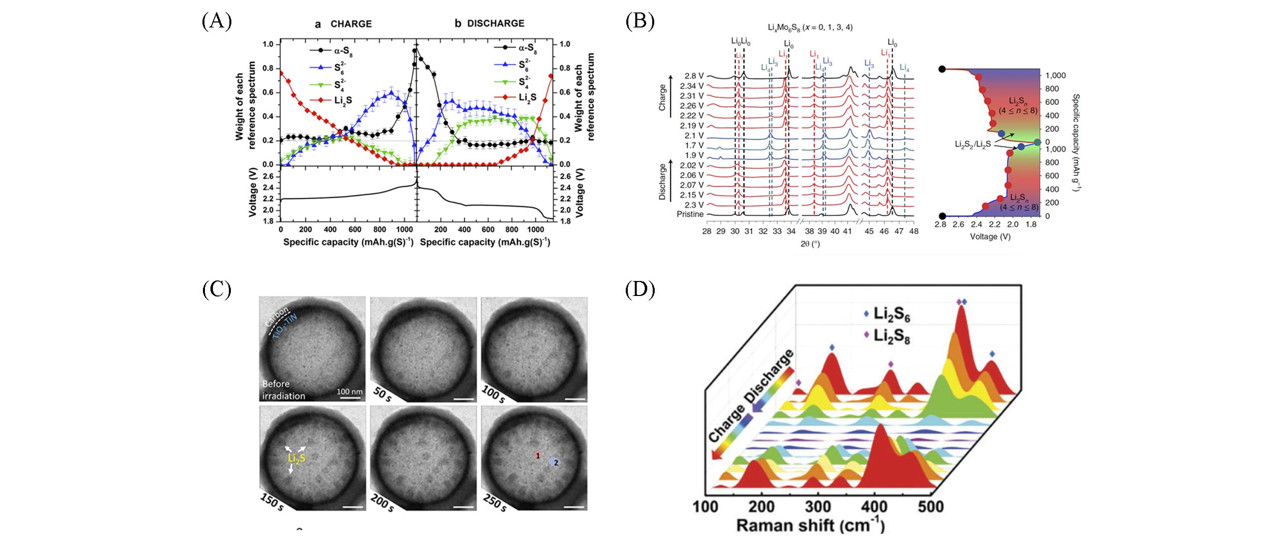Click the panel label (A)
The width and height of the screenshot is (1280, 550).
[217, 21]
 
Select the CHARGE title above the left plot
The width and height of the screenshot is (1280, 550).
[351, 24]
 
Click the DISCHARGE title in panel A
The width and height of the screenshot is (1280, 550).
[496, 23]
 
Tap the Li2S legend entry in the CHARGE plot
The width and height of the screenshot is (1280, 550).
[343, 100]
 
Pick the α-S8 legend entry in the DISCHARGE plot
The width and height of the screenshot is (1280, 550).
[527, 48]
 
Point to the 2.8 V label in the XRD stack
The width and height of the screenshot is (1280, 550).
[694, 76]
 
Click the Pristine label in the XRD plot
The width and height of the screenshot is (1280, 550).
[690, 214]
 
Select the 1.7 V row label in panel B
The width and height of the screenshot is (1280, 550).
[694, 145]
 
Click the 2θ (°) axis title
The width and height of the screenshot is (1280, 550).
[810, 244]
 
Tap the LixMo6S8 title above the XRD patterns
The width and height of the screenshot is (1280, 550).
[810, 28]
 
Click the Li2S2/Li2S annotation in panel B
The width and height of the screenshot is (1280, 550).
[972, 144]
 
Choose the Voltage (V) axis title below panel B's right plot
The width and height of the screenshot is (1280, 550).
[990, 237]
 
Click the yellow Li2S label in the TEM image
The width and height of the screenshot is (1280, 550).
[297, 459]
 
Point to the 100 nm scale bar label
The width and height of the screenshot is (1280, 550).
[350, 392]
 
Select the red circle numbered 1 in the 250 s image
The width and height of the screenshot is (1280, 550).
[537, 456]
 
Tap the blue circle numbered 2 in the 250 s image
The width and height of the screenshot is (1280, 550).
[555, 463]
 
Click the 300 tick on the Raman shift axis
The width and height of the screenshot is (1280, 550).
[818, 507]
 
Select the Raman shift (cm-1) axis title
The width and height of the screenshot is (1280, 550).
[810, 526]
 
